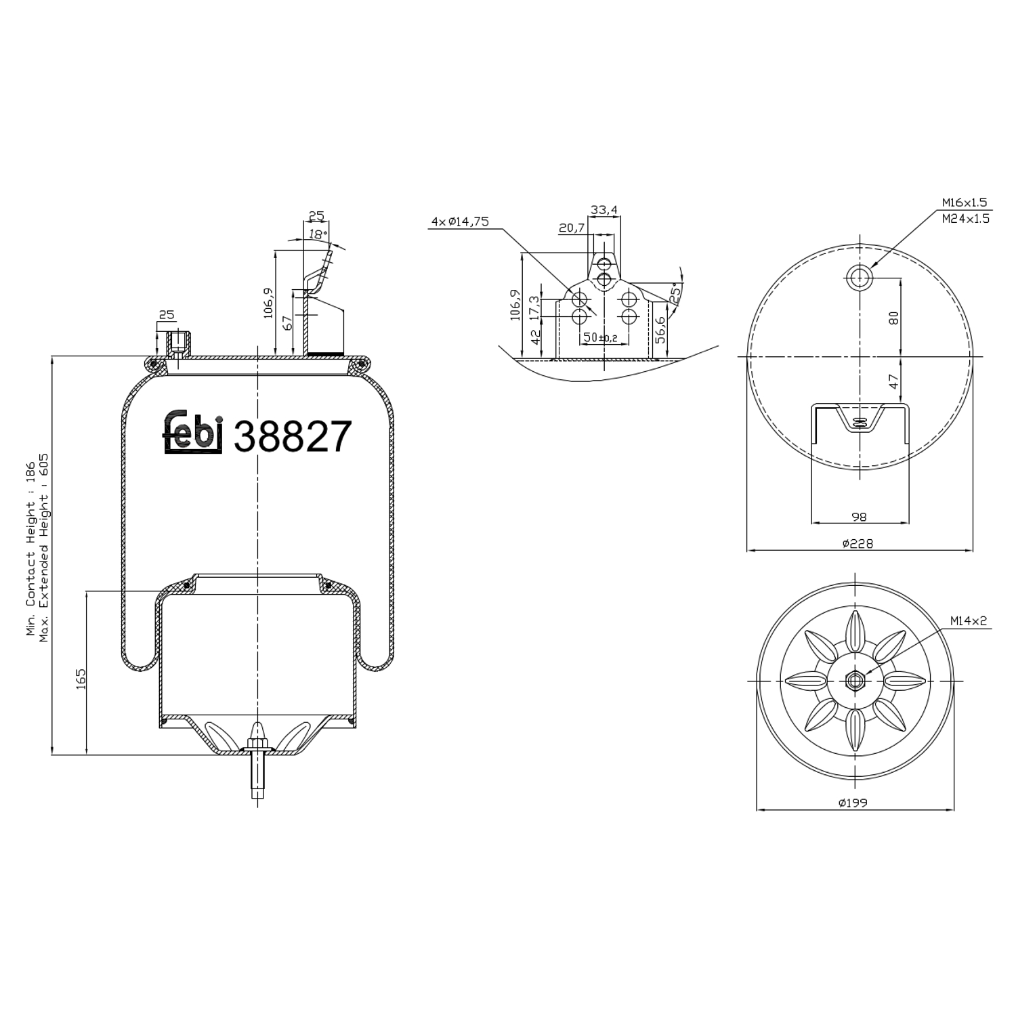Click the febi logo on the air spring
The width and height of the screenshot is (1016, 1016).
click(193, 432)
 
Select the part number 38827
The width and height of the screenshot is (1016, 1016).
click(293, 437)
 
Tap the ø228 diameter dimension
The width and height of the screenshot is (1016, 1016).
click(858, 543)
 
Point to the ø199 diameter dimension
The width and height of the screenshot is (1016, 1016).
click(853, 803)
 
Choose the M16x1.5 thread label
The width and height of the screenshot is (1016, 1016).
click(965, 202)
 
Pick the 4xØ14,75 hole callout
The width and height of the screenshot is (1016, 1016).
click(460, 221)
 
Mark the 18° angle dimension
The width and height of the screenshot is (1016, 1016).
click(317, 234)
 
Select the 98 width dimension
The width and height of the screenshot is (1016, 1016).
click(858, 517)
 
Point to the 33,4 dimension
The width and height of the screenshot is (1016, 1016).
click(604, 210)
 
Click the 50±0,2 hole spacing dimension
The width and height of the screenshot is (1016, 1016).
click(600, 337)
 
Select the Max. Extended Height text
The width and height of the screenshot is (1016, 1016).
click(45, 549)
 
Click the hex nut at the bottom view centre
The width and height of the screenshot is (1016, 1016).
click(855, 680)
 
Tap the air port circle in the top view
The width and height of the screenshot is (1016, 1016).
click(860, 276)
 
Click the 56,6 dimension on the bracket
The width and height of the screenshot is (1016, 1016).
click(660, 330)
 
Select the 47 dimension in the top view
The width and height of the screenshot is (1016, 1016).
click(894, 382)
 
